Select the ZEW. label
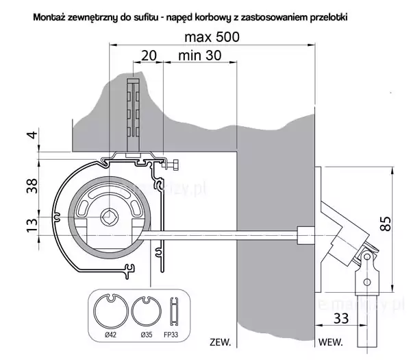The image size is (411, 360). coord(221,341)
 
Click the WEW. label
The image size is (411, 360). coord(332,341)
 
